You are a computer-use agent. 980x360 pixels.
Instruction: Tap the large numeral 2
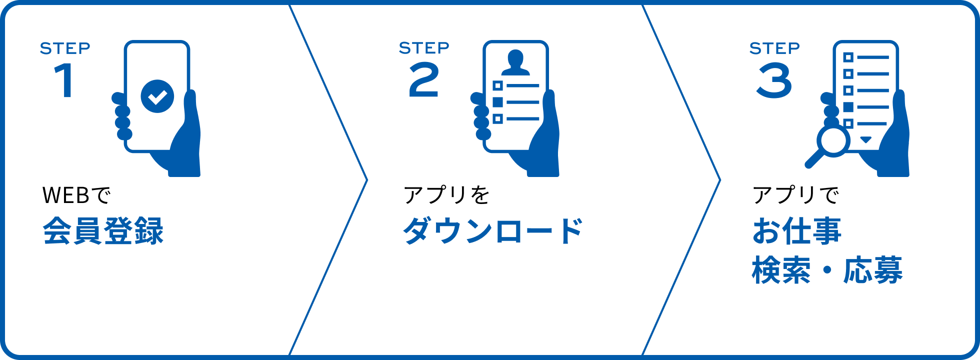[424, 80]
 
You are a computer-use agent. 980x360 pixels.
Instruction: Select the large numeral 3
[774, 80]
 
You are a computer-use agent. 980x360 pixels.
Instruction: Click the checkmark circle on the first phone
[157, 96]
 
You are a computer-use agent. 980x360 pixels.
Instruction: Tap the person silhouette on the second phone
[515, 63]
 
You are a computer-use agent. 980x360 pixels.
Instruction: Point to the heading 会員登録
[103, 231]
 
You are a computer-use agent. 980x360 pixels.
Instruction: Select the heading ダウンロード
[493, 231]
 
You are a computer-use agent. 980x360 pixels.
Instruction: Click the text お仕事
[797, 231]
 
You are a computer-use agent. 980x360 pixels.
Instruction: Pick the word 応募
[873, 270]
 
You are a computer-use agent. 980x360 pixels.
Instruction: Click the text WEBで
[76, 195]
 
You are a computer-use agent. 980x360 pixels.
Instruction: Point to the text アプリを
[446, 195]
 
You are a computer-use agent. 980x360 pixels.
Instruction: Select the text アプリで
[795, 195]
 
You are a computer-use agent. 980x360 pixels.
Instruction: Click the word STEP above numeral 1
[65, 48]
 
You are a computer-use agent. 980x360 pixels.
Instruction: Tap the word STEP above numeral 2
[424, 48]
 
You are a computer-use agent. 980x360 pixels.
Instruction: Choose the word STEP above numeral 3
[774, 48]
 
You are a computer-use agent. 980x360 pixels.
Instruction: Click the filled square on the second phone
[497, 102]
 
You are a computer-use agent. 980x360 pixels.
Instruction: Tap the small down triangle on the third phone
[866, 139]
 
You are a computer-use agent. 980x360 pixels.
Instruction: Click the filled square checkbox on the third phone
[848, 107]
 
